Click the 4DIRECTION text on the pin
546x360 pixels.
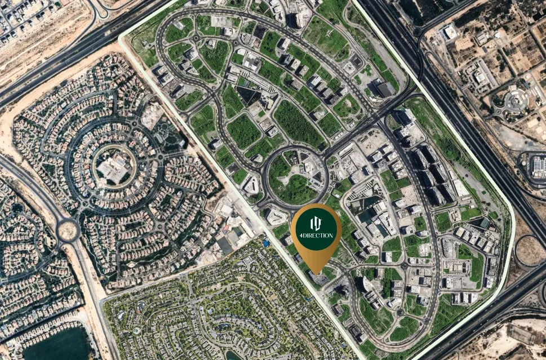coord(316,235)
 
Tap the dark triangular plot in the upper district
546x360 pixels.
coord(248,96)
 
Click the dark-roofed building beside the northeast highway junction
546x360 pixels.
coord(385,89)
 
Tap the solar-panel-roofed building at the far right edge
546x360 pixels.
coord(538,166)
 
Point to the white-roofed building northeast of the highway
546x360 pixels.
coord(450,33)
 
